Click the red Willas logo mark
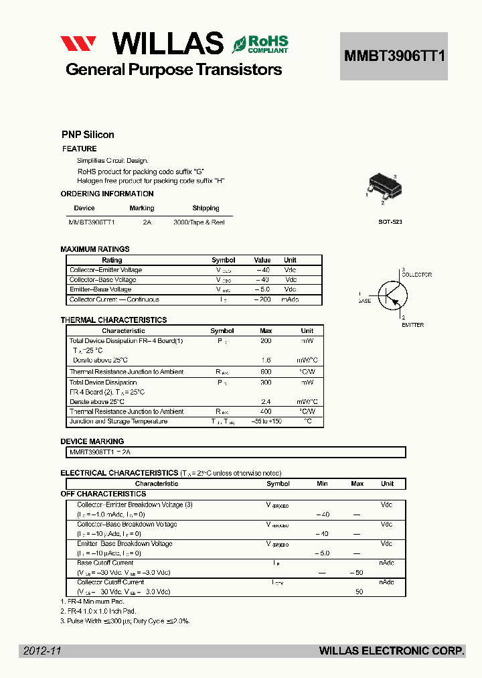click(x=78, y=44)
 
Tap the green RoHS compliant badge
click(x=260, y=44)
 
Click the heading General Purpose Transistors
click(x=173, y=70)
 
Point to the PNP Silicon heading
click(x=88, y=135)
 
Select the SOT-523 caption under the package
click(x=390, y=221)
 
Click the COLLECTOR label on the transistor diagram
click(x=416, y=275)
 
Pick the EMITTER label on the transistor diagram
click(x=412, y=325)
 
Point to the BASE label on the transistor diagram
click(x=364, y=301)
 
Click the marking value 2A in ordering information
click(x=147, y=222)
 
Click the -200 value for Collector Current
click(x=262, y=299)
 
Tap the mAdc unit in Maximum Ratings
click(x=290, y=299)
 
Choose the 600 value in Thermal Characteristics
click(x=266, y=372)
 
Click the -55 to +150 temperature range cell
click(x=266, y=421)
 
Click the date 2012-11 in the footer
click(x=42, y=651)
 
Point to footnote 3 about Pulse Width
click(x=125, y=621)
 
